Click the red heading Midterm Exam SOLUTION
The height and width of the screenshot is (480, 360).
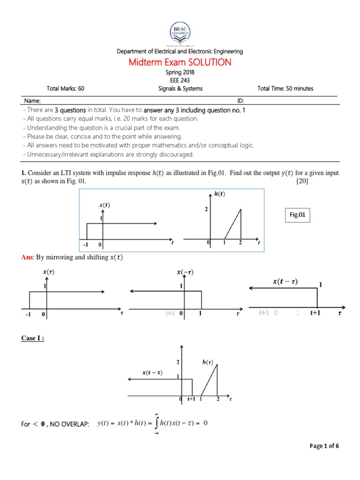coord(180,62)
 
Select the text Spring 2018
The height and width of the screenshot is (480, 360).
coord(180,73)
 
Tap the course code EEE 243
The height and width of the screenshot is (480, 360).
coord(180,80)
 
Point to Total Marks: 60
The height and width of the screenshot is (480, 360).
coord(66,88)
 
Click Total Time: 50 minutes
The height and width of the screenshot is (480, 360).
coord(285,88)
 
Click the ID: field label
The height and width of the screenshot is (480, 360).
coord(240,101)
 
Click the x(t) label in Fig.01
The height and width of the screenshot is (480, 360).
coord(105,205)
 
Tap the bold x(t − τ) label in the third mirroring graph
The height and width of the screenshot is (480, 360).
coord(285,281)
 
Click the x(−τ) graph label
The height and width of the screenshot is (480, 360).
coord(183,272)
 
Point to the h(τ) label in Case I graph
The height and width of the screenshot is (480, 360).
coord(208,361)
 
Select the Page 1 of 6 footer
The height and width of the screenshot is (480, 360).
coord(324,446)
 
